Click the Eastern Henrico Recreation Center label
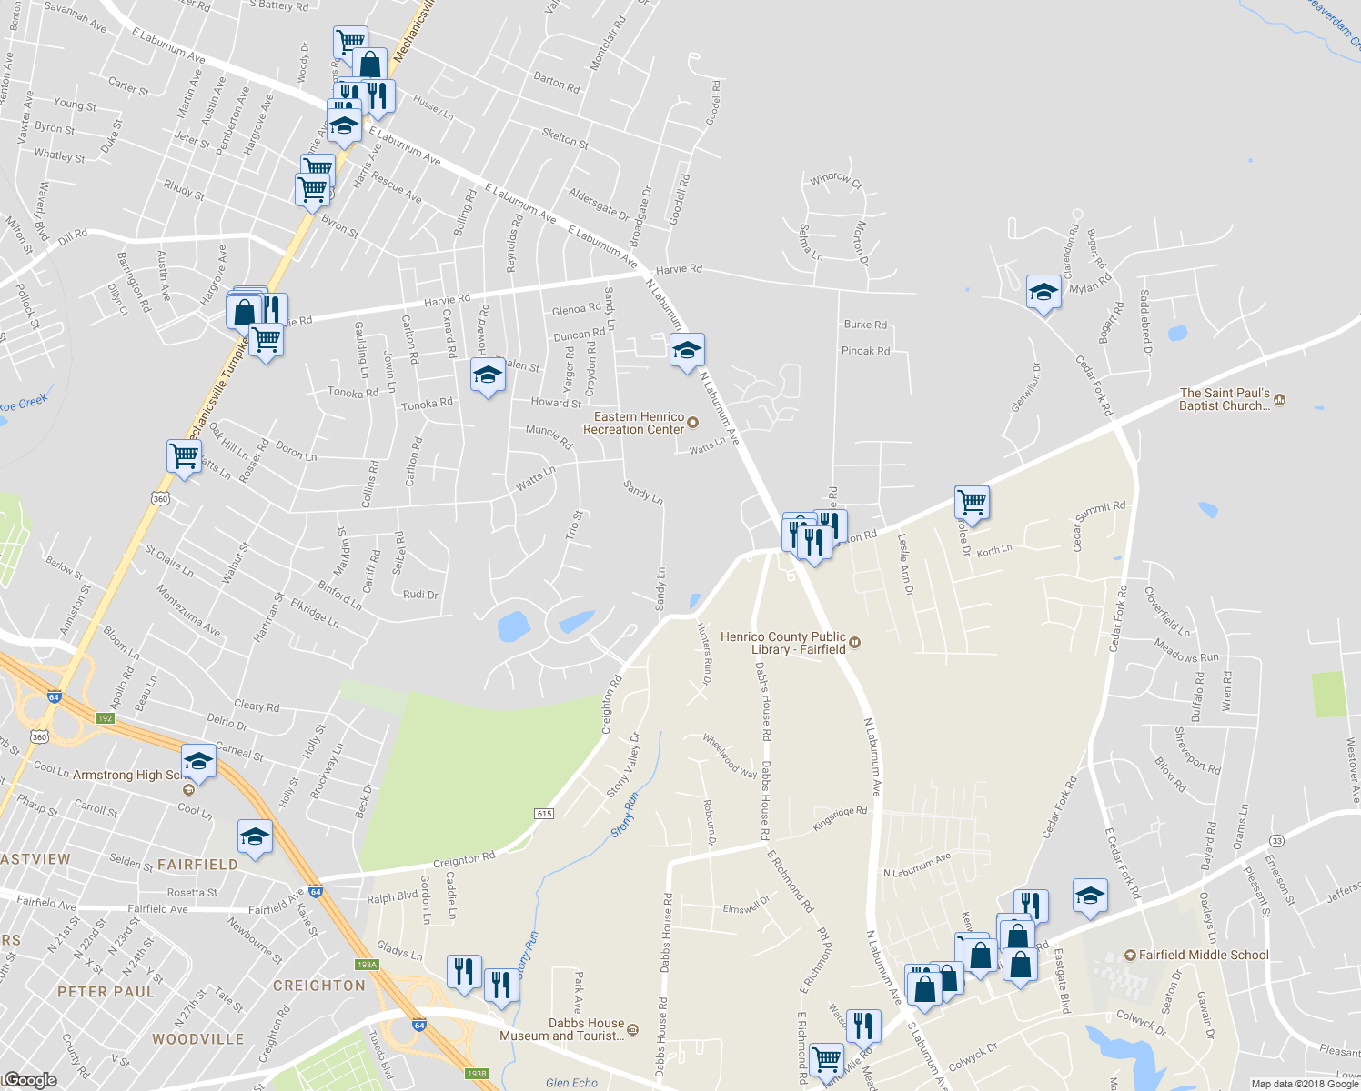pyautogui.click(x=634, y=423)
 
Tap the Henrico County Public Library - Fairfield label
pyautogui.click(x=782, y=643)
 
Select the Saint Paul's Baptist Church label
pyautogui.click(x=1225, y=399)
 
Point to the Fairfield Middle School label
pyautogui.click(x=1204, y=955)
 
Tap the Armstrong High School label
pyautogui.click(x=127, y=776)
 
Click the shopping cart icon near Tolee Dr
pyautogui.click(x=973, y=501)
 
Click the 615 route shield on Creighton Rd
pyautogui.click(x=544, y=814)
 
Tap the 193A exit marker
pyautogui.click(x=367, y=965)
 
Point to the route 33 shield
pyautogui.click(x=1277, y=840)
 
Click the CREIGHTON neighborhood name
pyautogui.click(x=318, y=986)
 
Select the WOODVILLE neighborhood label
pyautogui.click(x=198, y=1039)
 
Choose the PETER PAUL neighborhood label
pyautogui.click(x=106, y=992)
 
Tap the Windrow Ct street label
pyautogui.click(x=836, y=179)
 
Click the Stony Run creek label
pyautogui.click(x=624, y=815)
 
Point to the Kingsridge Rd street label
pyautogui.click(x=840, y=817)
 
